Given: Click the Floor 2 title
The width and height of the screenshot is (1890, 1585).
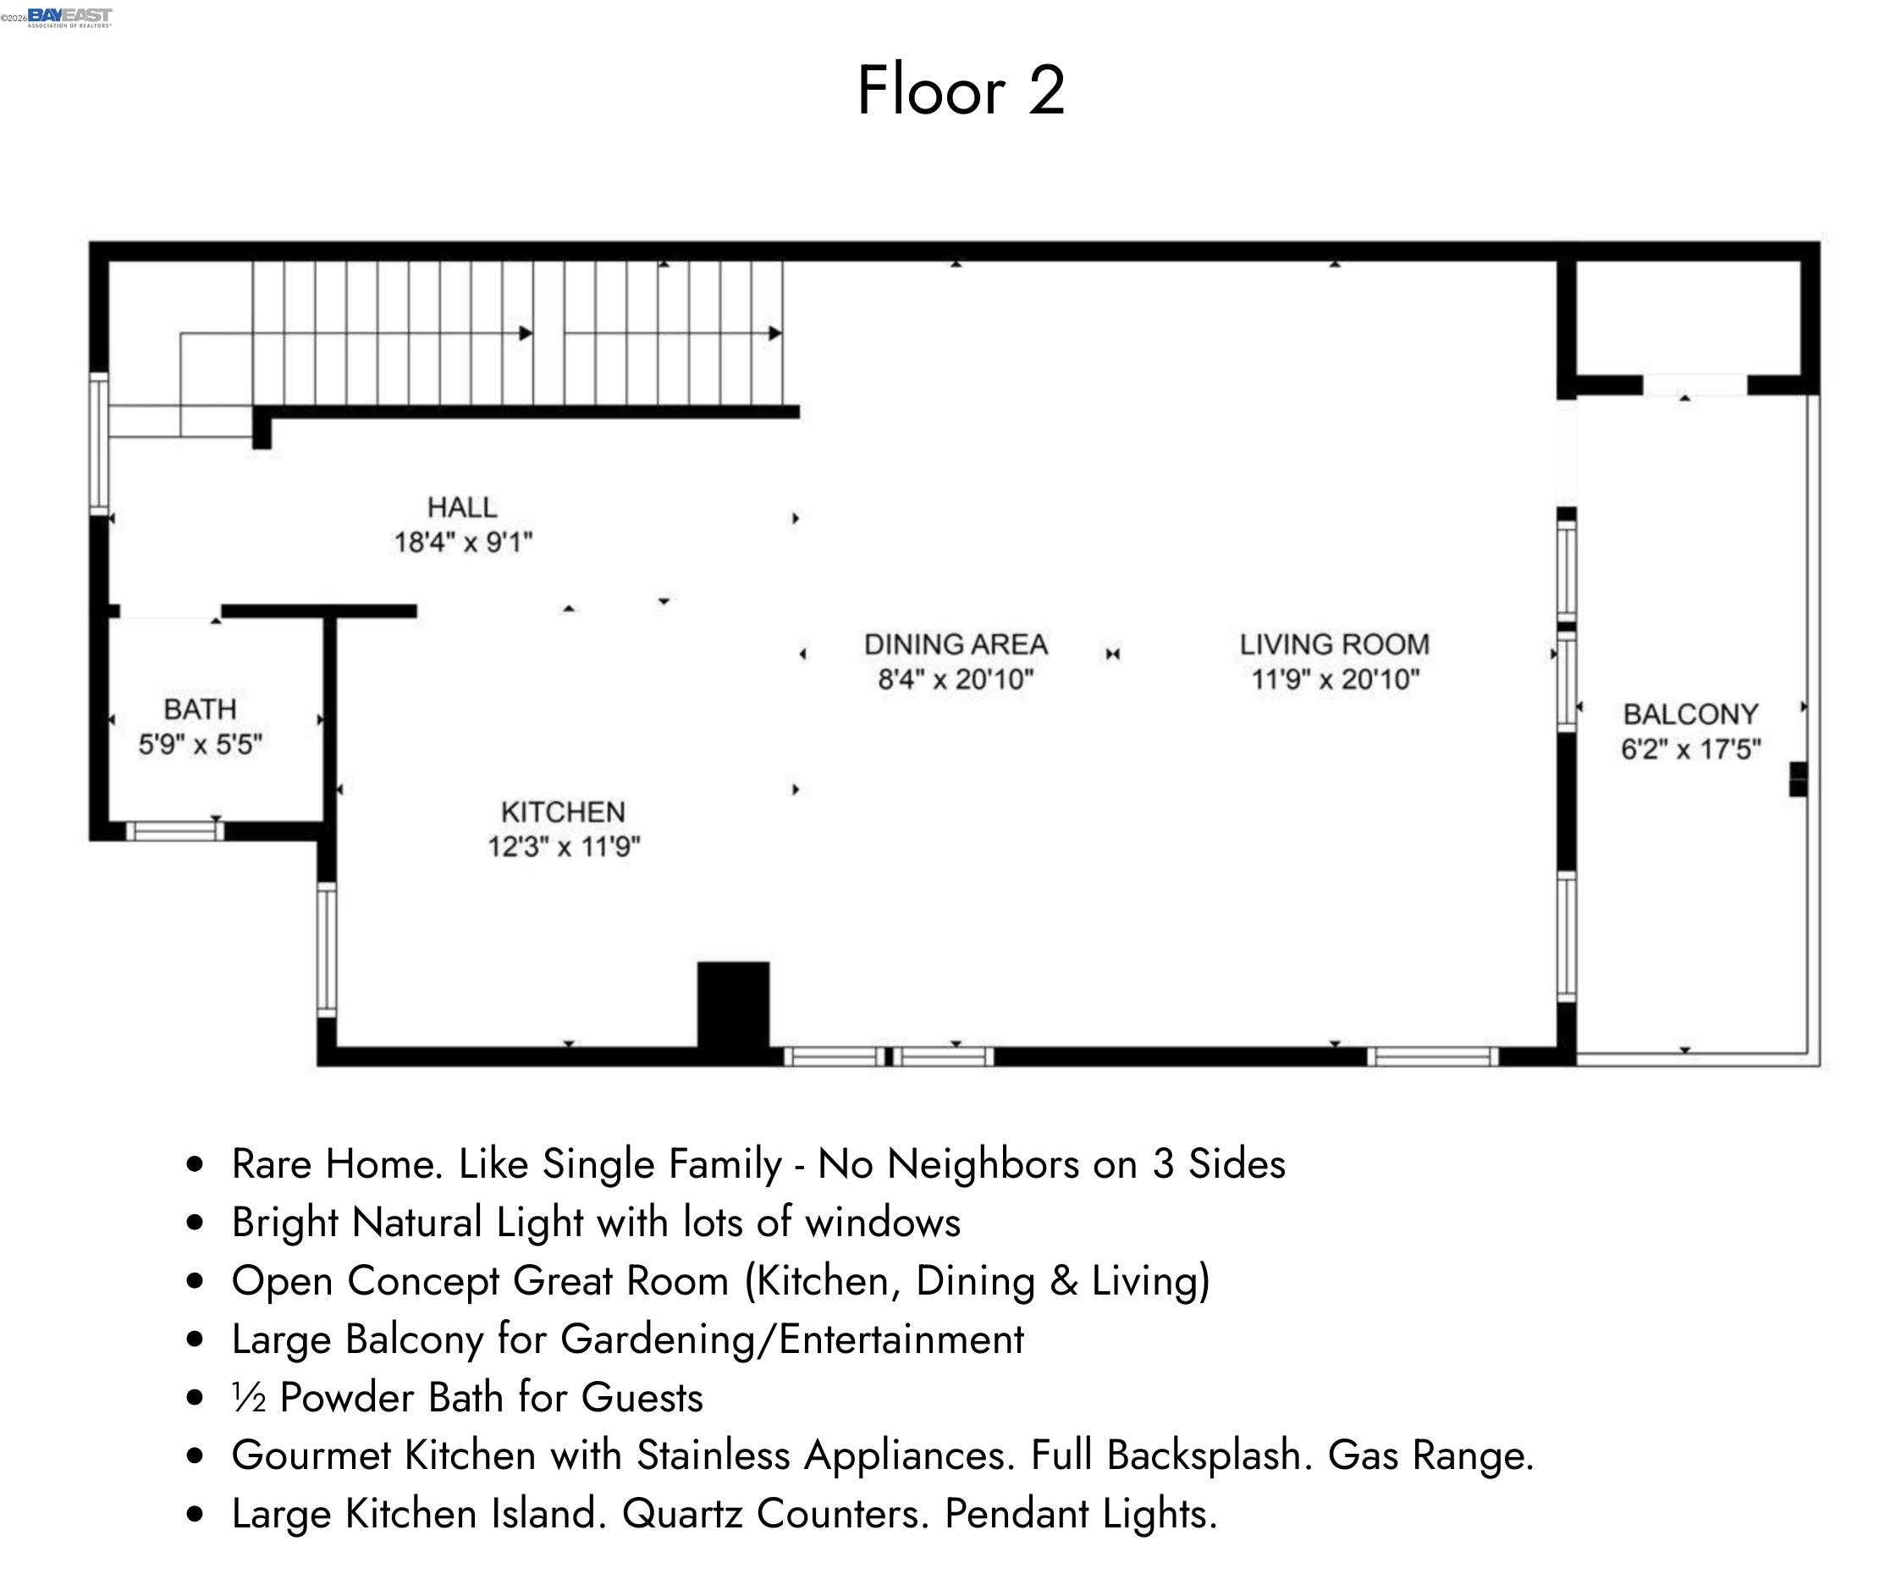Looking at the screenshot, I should tap(961, 90).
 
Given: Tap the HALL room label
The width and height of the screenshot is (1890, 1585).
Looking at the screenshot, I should tap(461, 508).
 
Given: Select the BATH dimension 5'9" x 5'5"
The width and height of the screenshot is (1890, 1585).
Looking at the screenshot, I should tap(200, 745).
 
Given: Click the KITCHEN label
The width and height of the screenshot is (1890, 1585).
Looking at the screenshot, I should tap(563, 812).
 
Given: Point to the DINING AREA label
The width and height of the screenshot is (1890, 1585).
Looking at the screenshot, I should tap(956, 644).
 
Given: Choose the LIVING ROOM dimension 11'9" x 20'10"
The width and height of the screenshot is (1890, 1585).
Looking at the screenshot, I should tap(1335, 680).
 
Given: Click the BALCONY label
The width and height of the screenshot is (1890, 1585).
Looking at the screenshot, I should tap(1690, 715).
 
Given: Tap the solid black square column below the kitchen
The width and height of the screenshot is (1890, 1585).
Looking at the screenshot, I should tap(734, 1004).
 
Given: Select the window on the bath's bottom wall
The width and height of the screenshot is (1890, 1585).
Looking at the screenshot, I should tap(174, 831).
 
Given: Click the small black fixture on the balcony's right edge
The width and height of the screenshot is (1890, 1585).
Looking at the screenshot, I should tap(1797, 779).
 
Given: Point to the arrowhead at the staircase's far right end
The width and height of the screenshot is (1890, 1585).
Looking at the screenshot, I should tap(775, 333).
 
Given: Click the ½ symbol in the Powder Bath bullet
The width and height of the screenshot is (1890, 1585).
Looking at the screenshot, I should tap(248, 1398).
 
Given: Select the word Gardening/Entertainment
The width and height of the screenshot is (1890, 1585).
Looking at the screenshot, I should tap(792, 1339).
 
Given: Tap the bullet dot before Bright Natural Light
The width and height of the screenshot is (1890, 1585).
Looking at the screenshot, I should tap(195, 1223).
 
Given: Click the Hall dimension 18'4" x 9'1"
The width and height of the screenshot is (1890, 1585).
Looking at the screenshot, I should tap(463, 543).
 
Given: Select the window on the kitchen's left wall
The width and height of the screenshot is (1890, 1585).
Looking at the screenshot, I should tap(327, 949).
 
